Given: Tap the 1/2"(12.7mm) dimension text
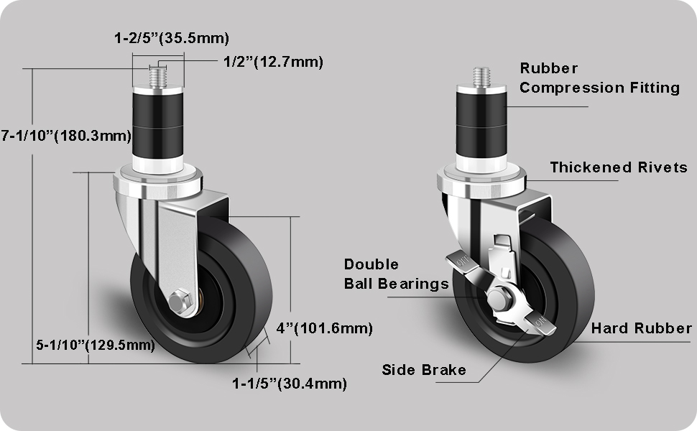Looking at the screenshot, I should [269, 62].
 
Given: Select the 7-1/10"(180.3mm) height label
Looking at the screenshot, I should [66, 135].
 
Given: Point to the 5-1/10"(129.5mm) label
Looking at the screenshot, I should [95, 345].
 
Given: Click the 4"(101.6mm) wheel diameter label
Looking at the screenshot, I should [324, 329].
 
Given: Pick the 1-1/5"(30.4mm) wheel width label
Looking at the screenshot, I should [289, 384].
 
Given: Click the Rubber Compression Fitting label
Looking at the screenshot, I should [599, 78].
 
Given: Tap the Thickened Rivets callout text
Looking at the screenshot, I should [619, 167].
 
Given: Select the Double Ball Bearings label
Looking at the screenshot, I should [395, 274].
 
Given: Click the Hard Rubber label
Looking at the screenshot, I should [641, 329].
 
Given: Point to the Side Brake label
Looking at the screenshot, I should [423, 370].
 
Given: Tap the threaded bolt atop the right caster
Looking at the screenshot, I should [481, 75].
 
